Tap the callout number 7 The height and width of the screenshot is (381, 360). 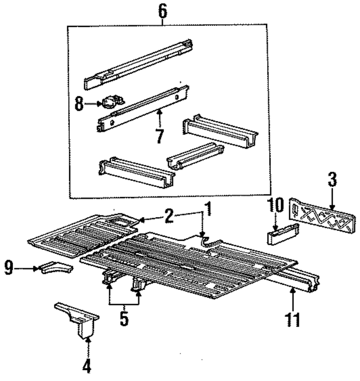[161, 136]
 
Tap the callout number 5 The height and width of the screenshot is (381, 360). [124, 319]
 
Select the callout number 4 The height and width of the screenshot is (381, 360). [86, 366]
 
